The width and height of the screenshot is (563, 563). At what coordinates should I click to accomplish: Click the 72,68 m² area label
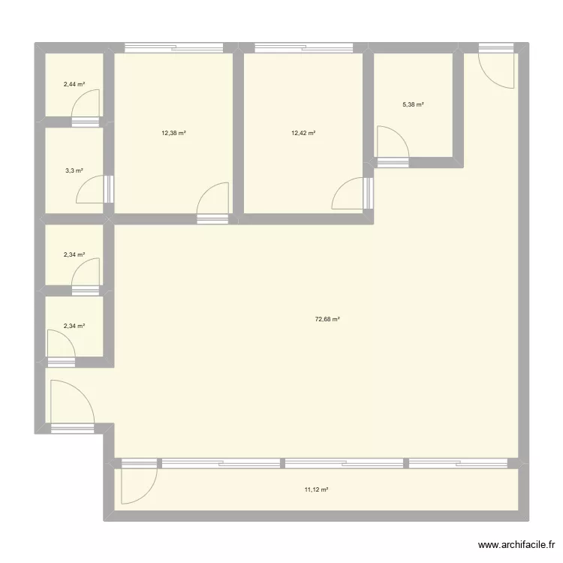point(327,319)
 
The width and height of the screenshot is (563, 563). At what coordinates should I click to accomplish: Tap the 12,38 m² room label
point(173,133)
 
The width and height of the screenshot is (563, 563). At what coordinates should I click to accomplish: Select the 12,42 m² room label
point(303,133)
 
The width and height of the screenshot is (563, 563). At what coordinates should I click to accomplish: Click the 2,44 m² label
point(74,84)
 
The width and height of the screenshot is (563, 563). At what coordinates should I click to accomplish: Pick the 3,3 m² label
point(73,170)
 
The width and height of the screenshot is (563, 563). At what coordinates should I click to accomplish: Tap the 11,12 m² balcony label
point(316,489)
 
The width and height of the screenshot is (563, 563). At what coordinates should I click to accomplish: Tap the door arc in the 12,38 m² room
point(214,200)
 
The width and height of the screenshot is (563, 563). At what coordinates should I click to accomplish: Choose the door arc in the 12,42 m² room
point(348,193)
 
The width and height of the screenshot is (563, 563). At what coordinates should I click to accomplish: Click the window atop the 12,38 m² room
point(175,49)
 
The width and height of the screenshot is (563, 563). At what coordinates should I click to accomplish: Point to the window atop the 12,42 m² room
point(304,49)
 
